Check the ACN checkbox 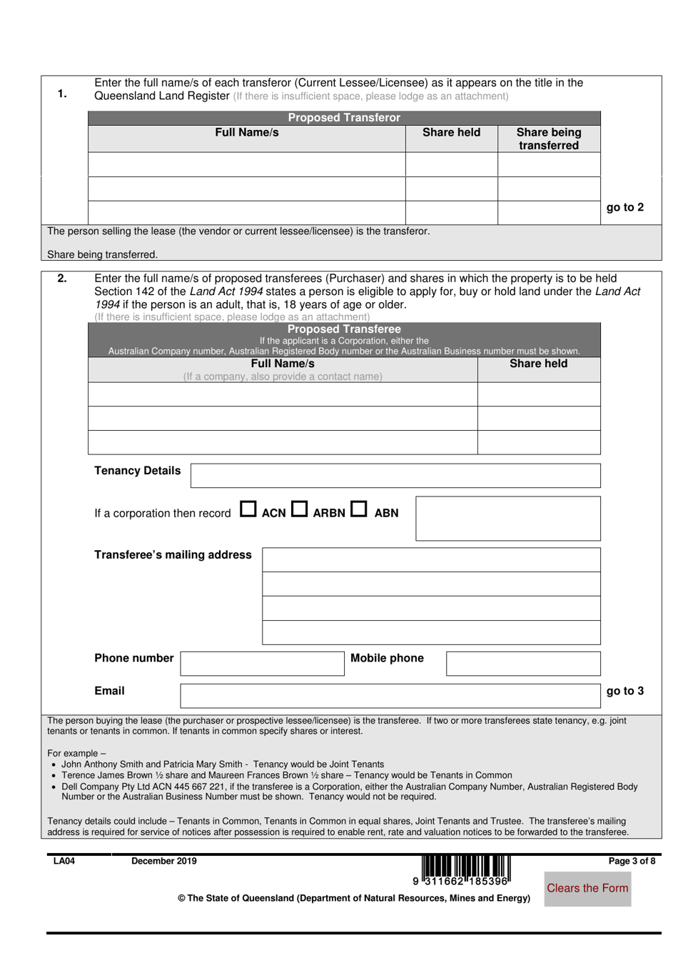248,509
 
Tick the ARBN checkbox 300,509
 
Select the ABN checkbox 359,509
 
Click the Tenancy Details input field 395,476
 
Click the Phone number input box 262,663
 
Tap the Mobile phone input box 523,663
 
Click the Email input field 390,695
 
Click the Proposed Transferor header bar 344,118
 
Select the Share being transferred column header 549,139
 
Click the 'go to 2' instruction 624,207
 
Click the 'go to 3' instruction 624,691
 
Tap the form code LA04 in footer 64,861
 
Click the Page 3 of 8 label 631,861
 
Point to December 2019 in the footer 163,861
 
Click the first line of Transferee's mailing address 431,559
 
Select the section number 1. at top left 62,94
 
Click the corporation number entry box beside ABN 507,519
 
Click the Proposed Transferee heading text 344,329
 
